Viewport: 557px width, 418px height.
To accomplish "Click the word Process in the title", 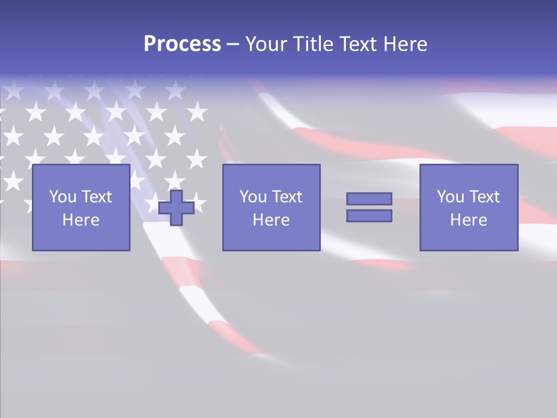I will click(182, 44).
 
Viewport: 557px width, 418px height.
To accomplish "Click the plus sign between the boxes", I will click(176, 208).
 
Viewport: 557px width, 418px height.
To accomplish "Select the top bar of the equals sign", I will click(369, 199).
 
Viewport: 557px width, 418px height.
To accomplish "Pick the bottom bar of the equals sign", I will click(369, 216).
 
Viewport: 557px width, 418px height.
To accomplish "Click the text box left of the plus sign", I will click(81, 207).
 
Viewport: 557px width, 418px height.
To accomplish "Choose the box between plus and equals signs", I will click(272, 207).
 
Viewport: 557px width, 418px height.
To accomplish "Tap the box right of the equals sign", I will click(469, 207).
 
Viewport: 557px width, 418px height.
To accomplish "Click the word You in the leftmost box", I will click(63, 197).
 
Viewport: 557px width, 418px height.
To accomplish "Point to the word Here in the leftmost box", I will click(81, 220).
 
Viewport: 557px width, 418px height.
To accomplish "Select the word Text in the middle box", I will click(287, 197).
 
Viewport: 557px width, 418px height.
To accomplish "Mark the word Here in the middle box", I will click(272, 220).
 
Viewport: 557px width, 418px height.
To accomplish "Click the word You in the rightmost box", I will click(450, 197).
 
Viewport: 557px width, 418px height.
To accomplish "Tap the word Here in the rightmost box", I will click(469, 220).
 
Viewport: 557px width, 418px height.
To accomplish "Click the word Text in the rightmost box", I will click(484, 197).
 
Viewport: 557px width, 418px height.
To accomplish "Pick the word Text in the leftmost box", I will click(96, 197).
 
